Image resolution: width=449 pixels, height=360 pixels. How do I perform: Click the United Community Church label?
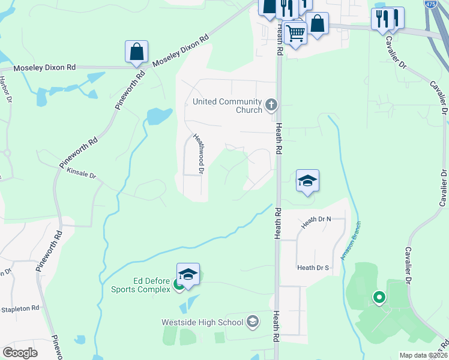(x=228, y=106)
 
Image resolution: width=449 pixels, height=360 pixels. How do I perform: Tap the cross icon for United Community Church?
(x=271, y=106)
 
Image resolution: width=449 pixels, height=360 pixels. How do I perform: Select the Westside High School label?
(x=202, y=322)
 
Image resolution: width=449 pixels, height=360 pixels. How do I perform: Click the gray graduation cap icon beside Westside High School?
(x=252, y=322)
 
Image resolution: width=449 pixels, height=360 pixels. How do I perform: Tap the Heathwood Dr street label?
(x=199, y=154)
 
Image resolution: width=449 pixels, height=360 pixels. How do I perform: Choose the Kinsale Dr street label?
(x=82, y=173)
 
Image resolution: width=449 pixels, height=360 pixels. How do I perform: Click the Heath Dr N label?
(x=316, y=220)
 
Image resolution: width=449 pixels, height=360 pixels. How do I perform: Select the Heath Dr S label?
(x=313, y=268)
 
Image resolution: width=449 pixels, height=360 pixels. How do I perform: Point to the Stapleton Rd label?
(x=20, y=308)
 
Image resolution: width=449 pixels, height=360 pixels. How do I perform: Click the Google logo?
(x=20, y=353)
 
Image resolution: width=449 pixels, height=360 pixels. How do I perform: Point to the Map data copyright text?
(x=423, y=355)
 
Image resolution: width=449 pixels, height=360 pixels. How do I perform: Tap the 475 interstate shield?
(x=429, y=4)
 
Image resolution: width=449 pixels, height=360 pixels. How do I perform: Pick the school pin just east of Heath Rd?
(x=307, y=181)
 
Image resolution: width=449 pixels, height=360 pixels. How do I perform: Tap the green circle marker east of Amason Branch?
(x=379, y=296)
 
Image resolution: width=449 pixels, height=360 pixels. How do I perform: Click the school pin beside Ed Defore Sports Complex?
(x=188, y=275)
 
